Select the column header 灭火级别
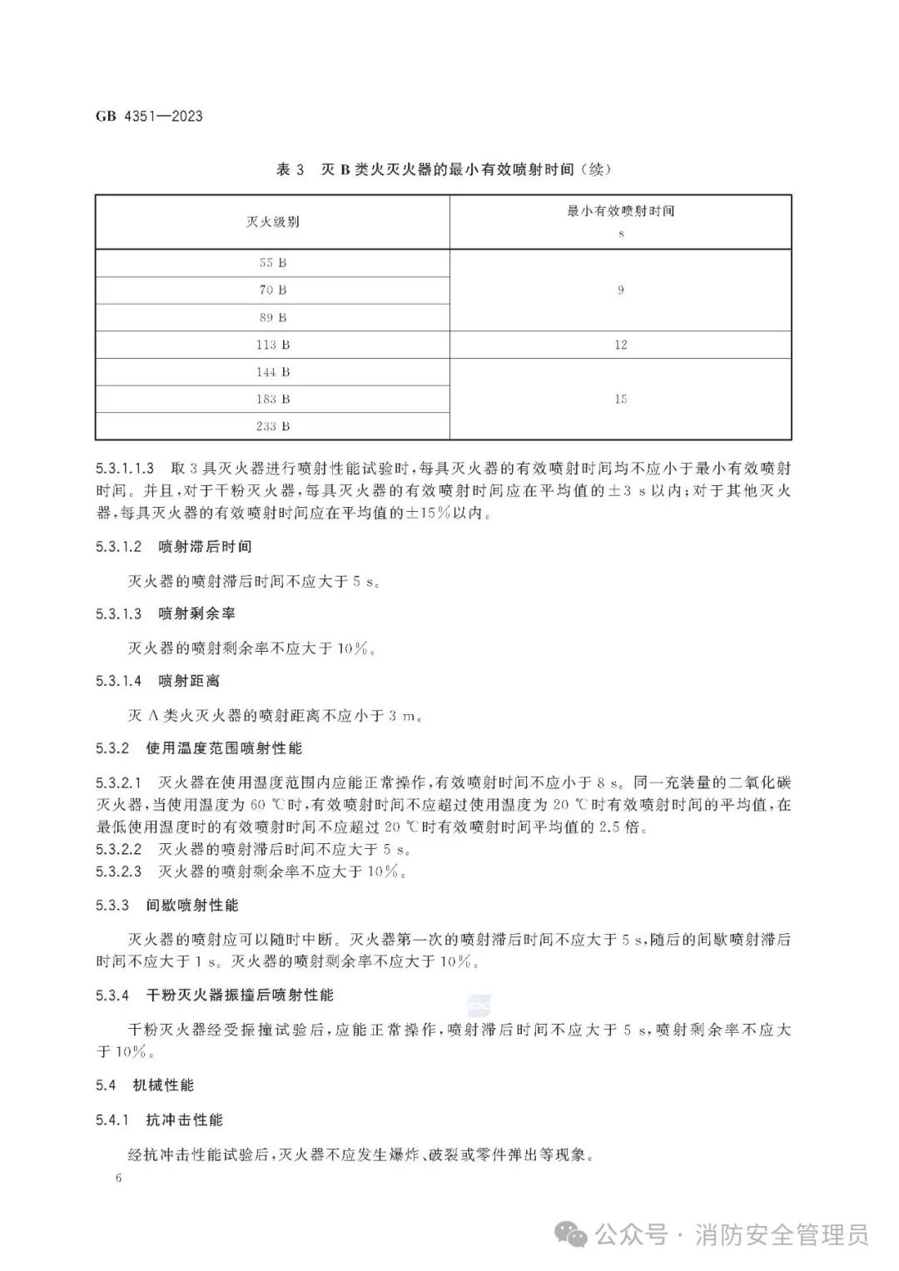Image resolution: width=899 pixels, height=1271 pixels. coord(272,221)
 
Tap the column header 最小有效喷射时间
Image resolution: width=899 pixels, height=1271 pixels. coord(620,211)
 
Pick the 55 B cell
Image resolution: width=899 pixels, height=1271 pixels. coord(272,262)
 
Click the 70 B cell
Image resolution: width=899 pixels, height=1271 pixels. coord(272,290)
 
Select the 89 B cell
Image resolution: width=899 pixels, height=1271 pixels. coord(272,317)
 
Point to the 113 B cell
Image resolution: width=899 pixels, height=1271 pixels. coord(272,345)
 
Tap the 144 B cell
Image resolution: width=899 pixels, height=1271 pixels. coord(272,372)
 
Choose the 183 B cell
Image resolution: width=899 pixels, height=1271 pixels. coord(272,399)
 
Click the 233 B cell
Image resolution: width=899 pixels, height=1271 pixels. coord(272,426)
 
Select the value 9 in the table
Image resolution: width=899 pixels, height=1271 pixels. coord(620,290)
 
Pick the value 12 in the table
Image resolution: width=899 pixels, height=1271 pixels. coord(620,345)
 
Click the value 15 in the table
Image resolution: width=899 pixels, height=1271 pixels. coord(620,399)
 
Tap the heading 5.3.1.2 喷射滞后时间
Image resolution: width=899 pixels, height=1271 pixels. coord(174,547)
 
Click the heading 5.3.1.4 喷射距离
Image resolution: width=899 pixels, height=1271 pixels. coord(158,681)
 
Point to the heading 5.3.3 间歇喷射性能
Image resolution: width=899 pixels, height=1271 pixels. coord(167,905)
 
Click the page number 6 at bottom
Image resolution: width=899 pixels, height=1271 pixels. coord(120,1179)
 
